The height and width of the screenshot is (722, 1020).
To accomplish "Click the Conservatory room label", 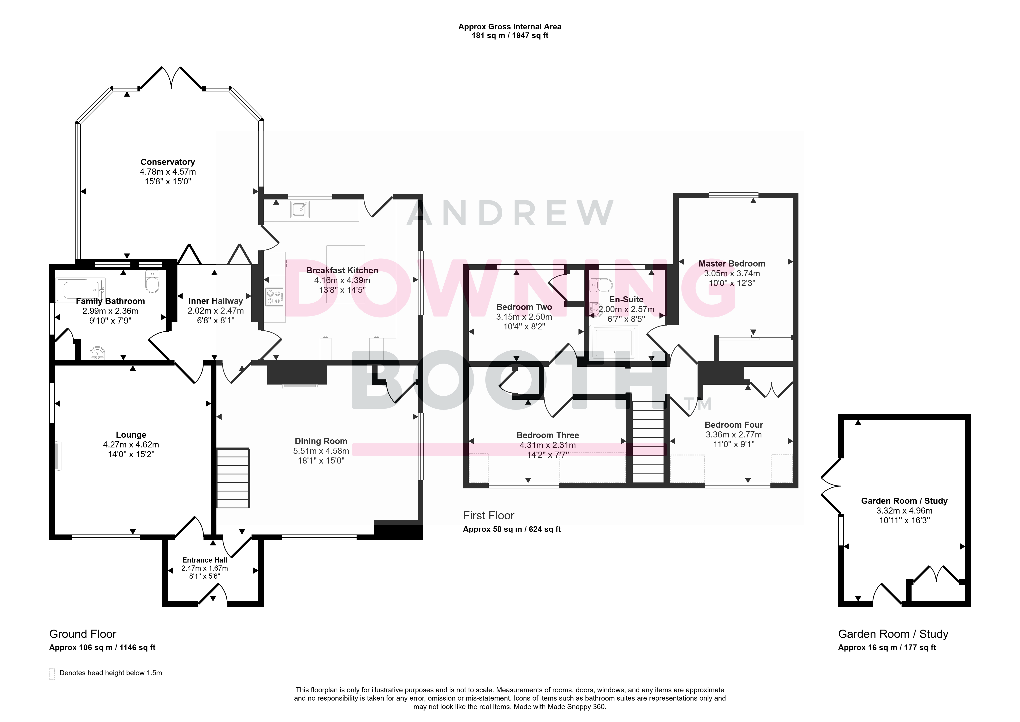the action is (167, 162).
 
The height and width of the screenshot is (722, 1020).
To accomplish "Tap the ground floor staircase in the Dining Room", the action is (233, 478).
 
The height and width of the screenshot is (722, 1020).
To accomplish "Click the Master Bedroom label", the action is (732, 264).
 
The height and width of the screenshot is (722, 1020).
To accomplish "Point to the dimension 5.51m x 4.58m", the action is (321, 451).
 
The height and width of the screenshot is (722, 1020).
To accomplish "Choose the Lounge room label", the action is (131, 435).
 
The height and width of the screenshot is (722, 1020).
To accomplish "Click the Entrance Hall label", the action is (205, 560).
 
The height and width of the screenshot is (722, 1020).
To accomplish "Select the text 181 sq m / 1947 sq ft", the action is (510, 36).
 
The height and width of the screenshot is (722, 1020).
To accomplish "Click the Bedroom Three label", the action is (548, 435).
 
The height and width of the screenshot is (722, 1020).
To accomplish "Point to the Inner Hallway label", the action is (215, 301).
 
